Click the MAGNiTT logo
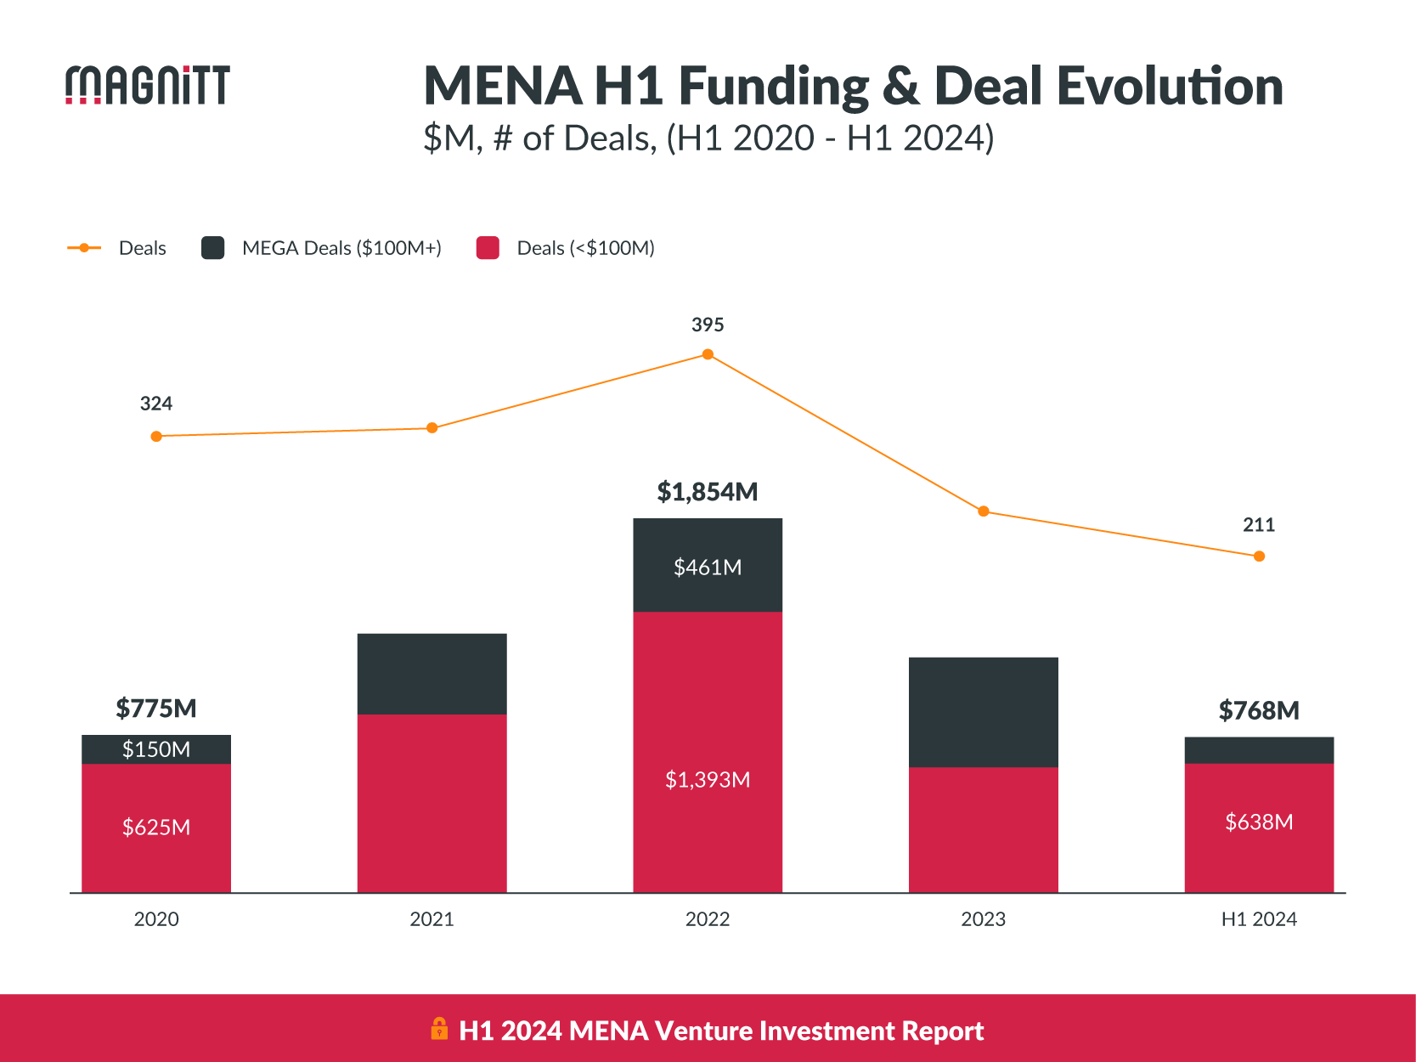tap(148, 85)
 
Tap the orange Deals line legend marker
tap(84, 248)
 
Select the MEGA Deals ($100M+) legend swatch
tap(212, 248)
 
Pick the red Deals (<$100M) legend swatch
tap(488, 248)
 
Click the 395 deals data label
tap(708, 325)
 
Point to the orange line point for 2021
tap(432, 427)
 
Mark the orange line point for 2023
tap(984, 511)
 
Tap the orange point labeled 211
tap(1259, 556)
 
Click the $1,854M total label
tap(708, 492)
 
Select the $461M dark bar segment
tap(708, 567)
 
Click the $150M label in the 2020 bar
tap(156, 749)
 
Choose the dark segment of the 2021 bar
tap(432, 674)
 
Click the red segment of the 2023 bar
tap(984, 829)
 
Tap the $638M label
tap(1259, 822)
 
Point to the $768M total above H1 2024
tap(1259, 710)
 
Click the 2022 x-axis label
tap(708, 919)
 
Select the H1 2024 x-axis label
tap(1259, 919)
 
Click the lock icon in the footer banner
tap(439, 1029)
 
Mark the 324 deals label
tap(156, 404)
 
